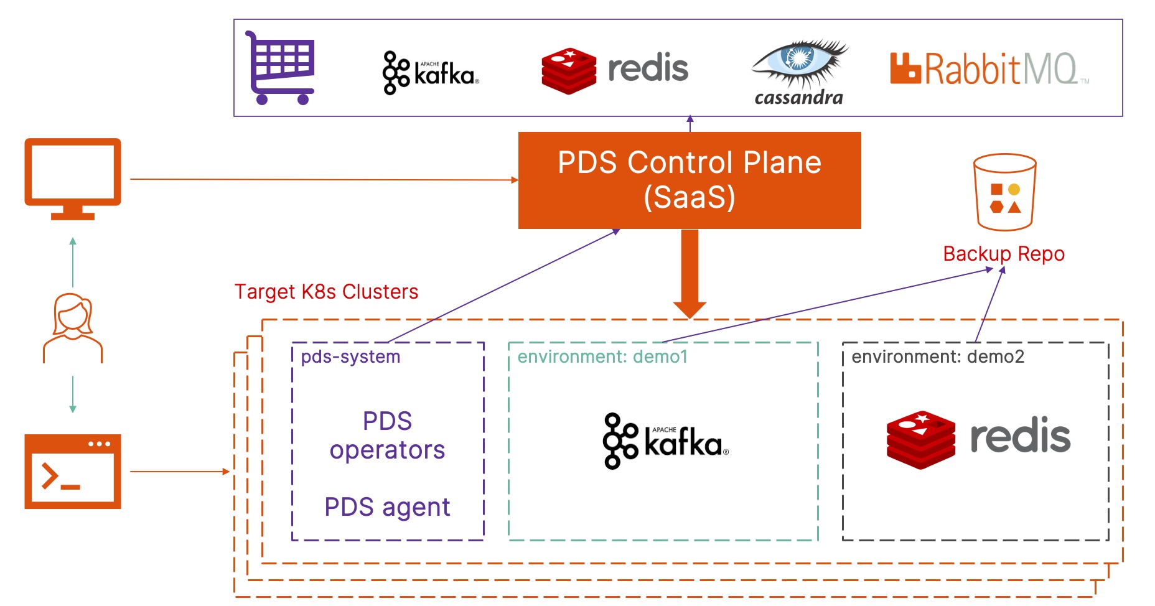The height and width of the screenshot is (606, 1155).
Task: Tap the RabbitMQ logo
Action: pyautogui.click(x=989, y=68)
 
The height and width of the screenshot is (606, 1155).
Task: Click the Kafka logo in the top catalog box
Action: pyautogui.click(x=431, y=73)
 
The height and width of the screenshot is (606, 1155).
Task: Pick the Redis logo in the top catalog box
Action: pyautogui.click(x=615, y=70)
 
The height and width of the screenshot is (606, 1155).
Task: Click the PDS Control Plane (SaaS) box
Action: pyautogui.click(x=690, y=180)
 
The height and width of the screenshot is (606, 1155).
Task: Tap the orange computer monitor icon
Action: pyautogui.click(x=73, y=179)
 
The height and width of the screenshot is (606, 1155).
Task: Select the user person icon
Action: pyautogui.click(x=73, y=328)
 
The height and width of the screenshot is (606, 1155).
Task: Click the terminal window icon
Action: pyautogui.click(x=73, y=472)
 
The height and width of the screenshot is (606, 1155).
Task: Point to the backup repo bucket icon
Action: pyautogui.click(x=1005, y=192)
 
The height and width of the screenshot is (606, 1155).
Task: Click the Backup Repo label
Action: pyautogui.click(x=1004, y=254)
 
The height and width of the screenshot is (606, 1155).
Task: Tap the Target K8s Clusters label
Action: pyautogui.click(x=326, y=292)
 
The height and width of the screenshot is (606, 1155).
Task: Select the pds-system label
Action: pyautogui.click(x=350, y=357)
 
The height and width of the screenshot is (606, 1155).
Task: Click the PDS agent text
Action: pyautogui.click(x=387, y=507)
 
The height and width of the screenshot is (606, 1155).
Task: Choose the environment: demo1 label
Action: pyautogui.click(x=602, y=357)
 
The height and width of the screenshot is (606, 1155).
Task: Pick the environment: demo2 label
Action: pyautogui.click(x=938, y=357)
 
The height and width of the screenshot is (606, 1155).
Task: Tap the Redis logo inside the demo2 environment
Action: pyautogui.click(x=978, y=439)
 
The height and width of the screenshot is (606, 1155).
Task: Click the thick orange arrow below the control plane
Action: pyautogui.click(x=690, y=274)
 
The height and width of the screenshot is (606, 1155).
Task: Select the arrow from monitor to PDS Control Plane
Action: pyautogui.click(x=324, y=180)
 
